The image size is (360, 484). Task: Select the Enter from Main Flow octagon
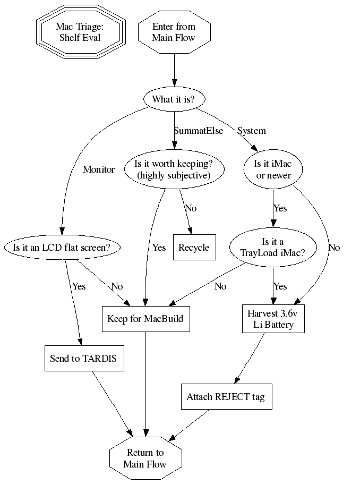coord(174,32)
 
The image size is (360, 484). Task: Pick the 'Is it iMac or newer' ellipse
coord(274,169)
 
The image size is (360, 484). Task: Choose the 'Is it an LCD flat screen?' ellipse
coord(62,247)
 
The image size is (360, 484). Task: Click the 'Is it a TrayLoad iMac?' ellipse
coord(273,247)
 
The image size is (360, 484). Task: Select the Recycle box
coord(194,247)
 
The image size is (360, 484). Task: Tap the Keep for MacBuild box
coord(145,319)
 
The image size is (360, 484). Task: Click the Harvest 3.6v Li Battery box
coord(273,319)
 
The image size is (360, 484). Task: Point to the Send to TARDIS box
coord(83,358)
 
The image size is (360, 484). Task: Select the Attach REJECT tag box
coord(226,396)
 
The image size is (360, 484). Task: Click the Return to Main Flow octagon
coord(145,458)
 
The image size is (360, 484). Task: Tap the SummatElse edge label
coord(199,131)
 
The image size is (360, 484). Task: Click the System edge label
coord(252,131)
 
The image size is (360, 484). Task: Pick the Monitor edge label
coord(99,169)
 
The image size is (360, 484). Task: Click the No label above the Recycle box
coord(190,208)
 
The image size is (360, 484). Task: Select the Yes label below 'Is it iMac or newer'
coord(280,208)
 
